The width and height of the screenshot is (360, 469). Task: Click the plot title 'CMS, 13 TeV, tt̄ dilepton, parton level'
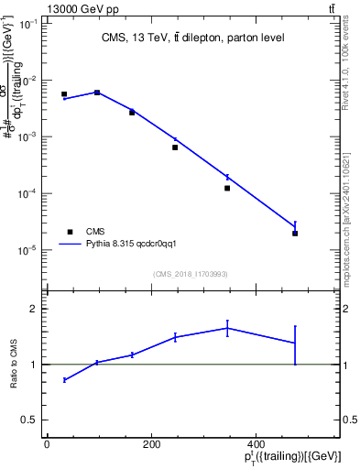191,38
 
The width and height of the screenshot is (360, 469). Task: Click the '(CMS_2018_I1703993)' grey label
191,273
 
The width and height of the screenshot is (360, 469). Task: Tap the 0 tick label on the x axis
47,444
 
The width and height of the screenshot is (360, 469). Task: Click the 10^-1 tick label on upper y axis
27,24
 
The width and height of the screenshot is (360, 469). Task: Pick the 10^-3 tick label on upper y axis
27,136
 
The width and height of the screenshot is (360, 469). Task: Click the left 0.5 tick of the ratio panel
31,420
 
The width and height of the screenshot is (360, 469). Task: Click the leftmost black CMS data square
64,94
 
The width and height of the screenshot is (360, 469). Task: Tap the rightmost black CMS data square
295,234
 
